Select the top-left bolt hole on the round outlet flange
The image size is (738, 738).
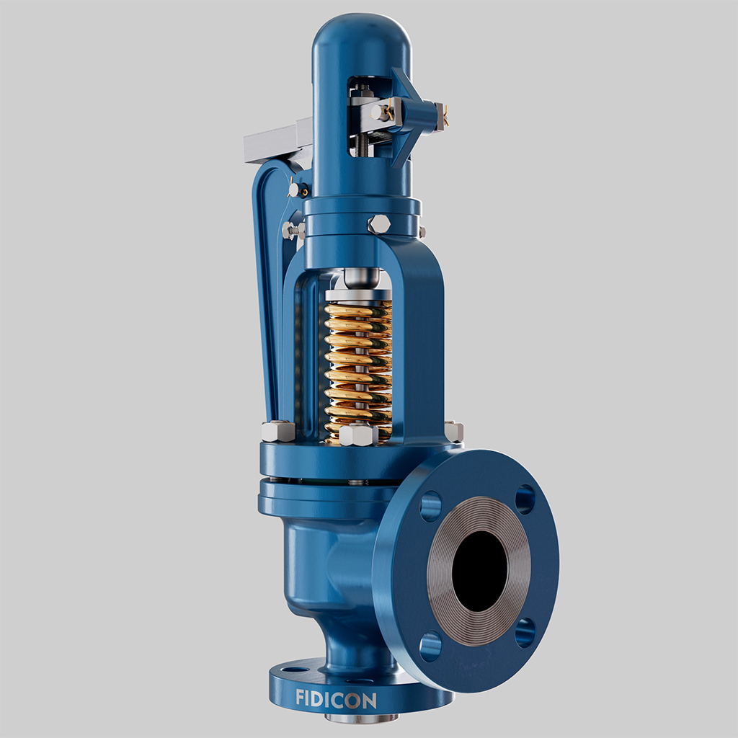click(x=430, y=506)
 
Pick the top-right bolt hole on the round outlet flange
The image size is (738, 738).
click(x=525, y=499)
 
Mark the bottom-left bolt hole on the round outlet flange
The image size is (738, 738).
click(x=430, y=646)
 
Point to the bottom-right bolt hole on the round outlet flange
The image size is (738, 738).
click(x=525, y=632)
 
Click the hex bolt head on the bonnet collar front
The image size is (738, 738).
click(x=379, y=223)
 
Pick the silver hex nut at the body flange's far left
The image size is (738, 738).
click(x=277, y=431)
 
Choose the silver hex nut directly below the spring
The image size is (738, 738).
click(x=358, y=435)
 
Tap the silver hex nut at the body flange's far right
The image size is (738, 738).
click(x=454, y=431)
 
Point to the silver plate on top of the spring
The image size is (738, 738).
click(x=358, y=294)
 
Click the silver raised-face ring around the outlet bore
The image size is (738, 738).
click(x=440, y=577)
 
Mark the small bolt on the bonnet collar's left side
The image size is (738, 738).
click(x=292, y=231)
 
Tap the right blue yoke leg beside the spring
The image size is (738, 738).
click(x=422, y=346)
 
